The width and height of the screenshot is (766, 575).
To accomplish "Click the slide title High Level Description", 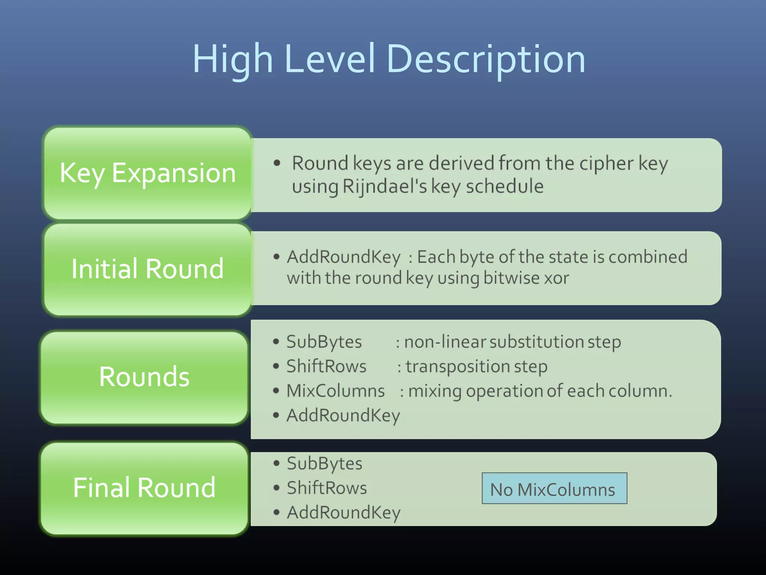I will [x=389, y=59].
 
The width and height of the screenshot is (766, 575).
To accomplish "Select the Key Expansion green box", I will [x=147, y=173].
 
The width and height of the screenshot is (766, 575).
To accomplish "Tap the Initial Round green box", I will [x=147, y=269].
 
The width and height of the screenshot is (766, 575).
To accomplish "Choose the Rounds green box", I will [x=144, y=377].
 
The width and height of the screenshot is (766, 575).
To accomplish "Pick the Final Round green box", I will [x=144, y=487].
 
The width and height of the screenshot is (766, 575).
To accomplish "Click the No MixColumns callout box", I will [x=554, y=489].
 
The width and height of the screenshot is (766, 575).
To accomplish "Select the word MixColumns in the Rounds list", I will [x=335, y=391].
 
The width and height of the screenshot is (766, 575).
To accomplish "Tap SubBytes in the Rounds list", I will [x=324, y=342].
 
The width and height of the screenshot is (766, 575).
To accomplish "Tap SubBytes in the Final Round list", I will [x=324, y=463].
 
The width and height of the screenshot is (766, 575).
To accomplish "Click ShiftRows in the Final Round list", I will [x=327, y=488].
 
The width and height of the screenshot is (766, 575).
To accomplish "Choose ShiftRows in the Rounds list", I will [x=326, y=366].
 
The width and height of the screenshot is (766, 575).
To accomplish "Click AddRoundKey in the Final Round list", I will [x=343, y=512].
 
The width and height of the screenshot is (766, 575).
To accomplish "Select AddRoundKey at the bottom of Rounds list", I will [x=343, y=416].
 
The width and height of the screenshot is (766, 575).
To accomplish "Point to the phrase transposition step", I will [x=477, y=366].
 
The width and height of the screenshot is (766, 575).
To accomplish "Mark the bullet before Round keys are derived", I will [x=277, y=163].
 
